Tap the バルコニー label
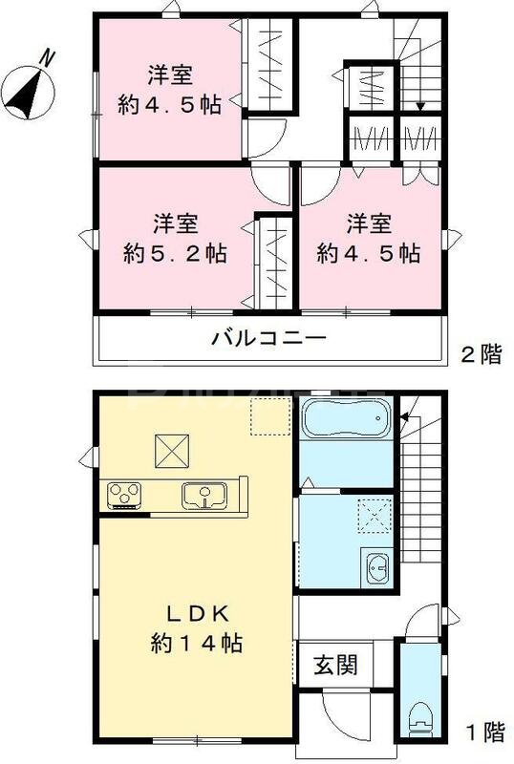click(x=269, y=338)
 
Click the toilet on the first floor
click(x=419, y=717)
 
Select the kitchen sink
click(x=203, y=496)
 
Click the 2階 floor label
click(x=480, y=357)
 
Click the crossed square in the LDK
click(x=171, y=448)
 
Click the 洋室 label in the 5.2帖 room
click(x=175, y=224)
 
